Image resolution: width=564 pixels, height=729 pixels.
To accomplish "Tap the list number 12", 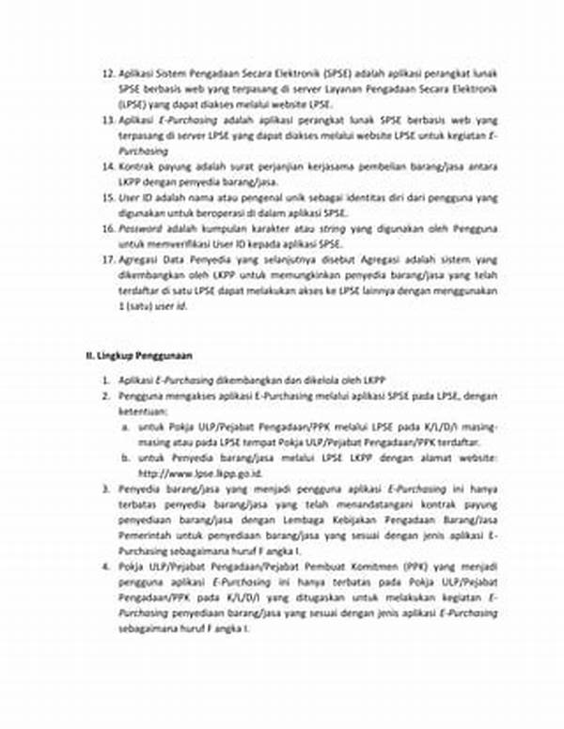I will (x=107, y=71).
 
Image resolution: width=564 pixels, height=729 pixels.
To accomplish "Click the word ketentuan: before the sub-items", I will (x=145, y=411).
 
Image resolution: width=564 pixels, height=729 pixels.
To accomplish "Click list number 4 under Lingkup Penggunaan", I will (x=107, y=568).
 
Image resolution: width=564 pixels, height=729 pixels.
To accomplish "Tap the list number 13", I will (x=107, y=118).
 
